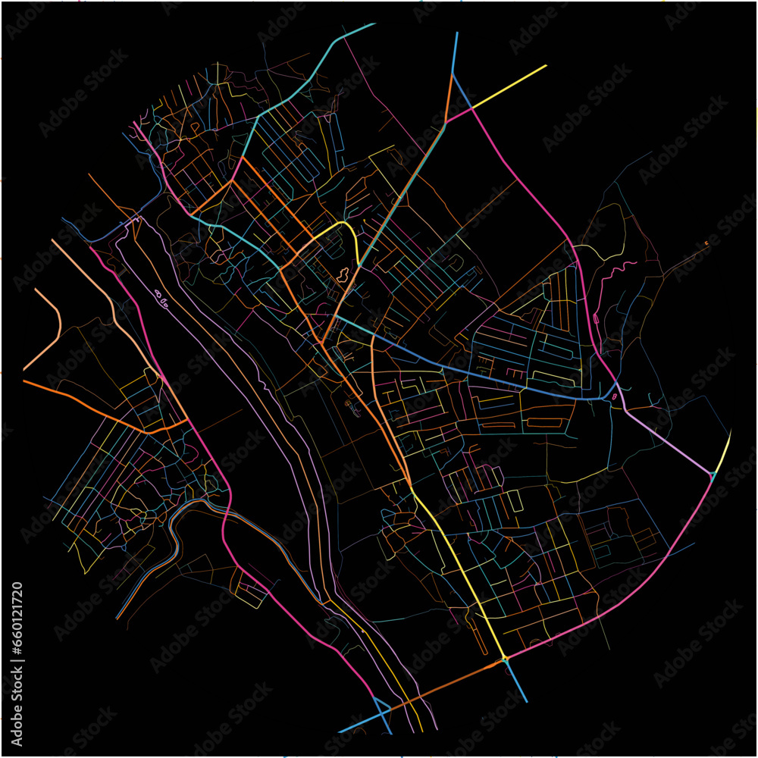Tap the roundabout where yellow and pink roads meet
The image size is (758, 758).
tap(504, 659)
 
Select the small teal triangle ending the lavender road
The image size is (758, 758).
tap(713, 475)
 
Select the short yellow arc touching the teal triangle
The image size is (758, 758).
tap(725, 452)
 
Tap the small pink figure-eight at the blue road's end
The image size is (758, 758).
tap(613, 395)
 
